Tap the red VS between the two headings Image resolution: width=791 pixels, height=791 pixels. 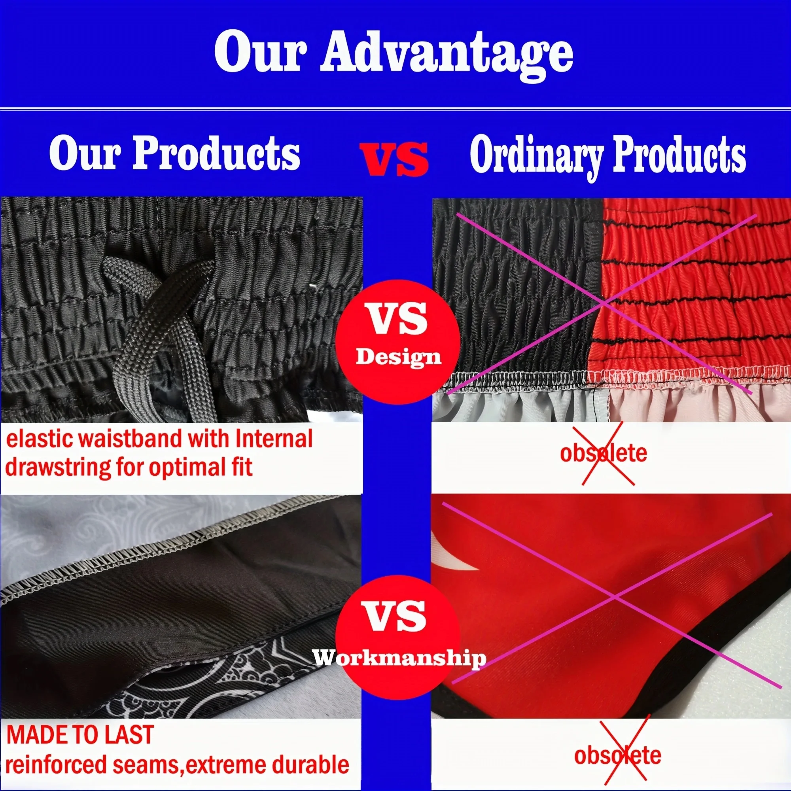pyautogui.click(x=394, y=159)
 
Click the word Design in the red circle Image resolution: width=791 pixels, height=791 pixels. pyautogui.click(x=398, y=357)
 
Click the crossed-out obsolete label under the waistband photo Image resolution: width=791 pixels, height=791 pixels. pyautogui.click(x=604, y=454)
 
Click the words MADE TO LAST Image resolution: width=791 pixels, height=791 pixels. pyautogui.click(x=80, y=734)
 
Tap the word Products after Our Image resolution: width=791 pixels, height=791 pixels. pyautogui.click(x=216, y=153)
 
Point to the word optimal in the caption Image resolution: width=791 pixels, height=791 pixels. pyautogui.click(x=184, y=468)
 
